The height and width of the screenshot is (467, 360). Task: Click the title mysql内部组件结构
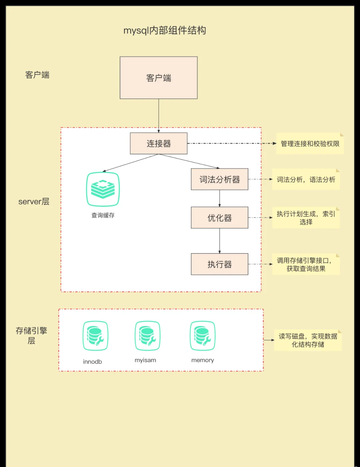[x=165, y=30]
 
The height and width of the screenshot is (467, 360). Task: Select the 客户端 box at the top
[x=159, y=78]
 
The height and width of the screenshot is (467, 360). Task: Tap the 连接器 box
[x=159, y=143]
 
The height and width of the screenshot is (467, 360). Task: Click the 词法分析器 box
[x=219, y=179]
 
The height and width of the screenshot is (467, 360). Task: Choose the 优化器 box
[x=219, y=218]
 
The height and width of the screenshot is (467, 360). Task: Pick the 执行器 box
[x=219, y=264]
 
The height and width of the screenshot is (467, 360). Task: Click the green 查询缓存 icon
[x=103, y=189]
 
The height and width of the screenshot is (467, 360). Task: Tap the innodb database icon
[x=95, y=336]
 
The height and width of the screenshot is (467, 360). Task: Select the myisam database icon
[x=147, y=336]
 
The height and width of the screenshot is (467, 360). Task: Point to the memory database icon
[x=202, y=336]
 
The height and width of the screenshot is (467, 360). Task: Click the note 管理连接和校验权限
[x=310, y=144]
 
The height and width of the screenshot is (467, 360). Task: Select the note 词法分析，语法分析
[x=306, y=180]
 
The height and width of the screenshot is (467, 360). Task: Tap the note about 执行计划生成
[x=306, y=218]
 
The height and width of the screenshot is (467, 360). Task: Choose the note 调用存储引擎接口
[x=306, y=264]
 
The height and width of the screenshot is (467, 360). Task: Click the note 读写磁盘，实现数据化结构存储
[x=308, y=340]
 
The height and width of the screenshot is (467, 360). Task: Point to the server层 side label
[x=34, y=201]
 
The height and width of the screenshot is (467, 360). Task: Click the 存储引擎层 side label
[x=31, y=335]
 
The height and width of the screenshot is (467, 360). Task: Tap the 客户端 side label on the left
[x=37, y=75]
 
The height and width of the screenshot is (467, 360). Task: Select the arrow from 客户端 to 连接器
[x=159, y=115]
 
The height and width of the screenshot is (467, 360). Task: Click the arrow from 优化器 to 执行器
[x=219, y=241]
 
